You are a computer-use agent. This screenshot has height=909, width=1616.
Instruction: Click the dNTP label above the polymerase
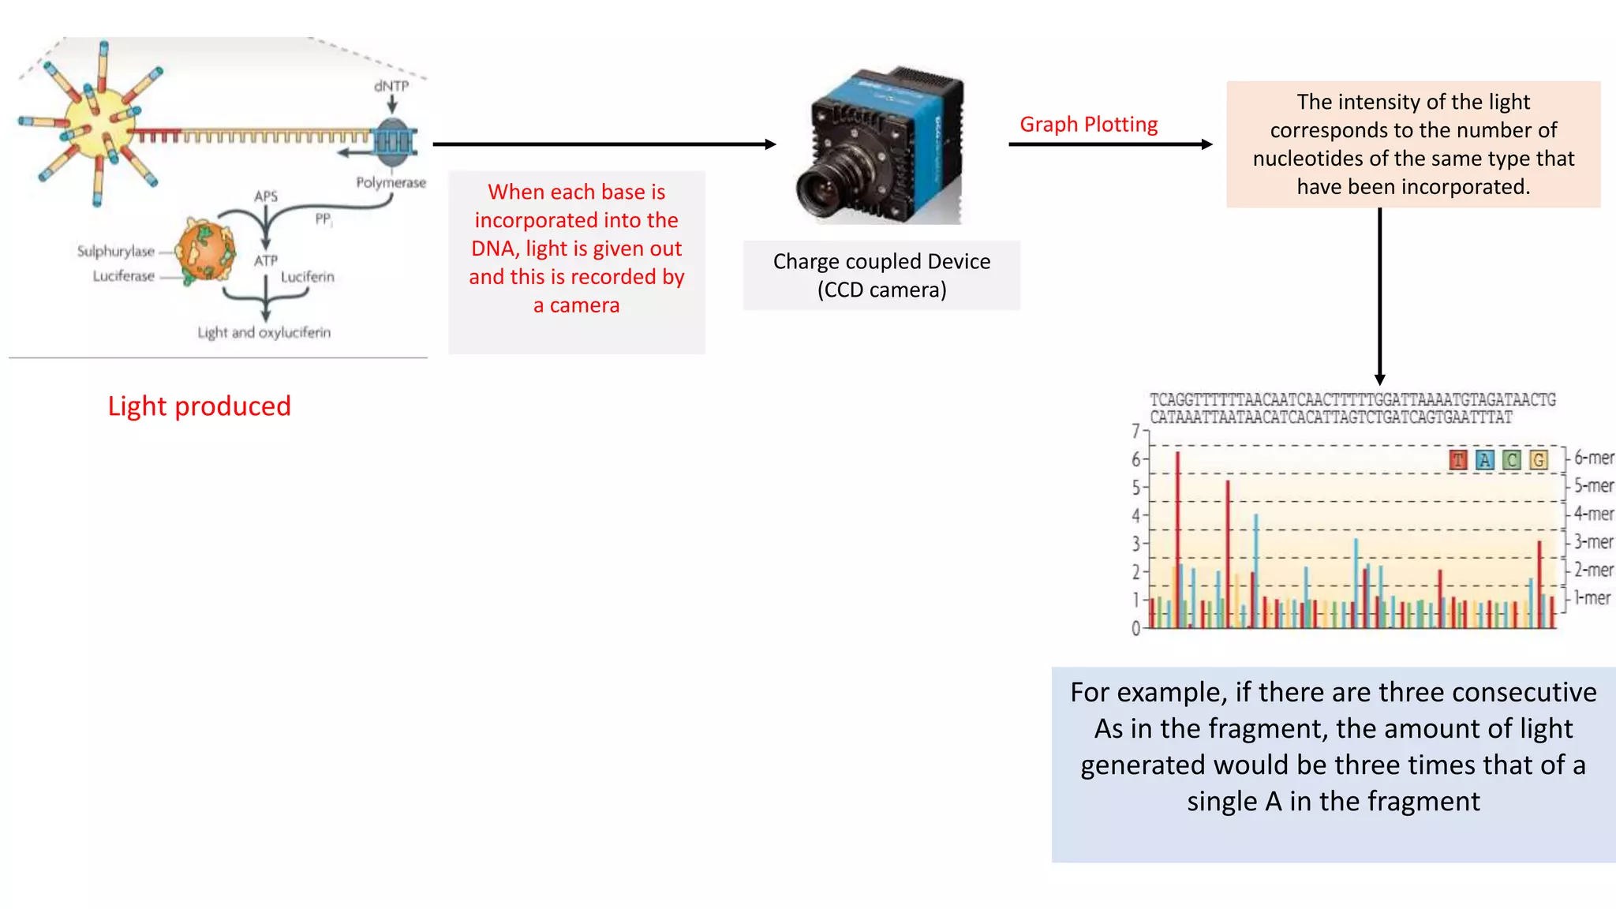click(x=391, y=85)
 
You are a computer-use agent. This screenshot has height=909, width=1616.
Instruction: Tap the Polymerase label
click(x=391, y=182)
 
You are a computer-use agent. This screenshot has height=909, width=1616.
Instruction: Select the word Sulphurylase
click(x=116, y=251)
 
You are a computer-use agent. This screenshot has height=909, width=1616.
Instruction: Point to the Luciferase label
click(x=124, y=275)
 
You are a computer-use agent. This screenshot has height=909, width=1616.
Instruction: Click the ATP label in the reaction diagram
click(x=266, y=260)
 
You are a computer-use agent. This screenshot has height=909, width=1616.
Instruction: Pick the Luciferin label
click(x=308, y=276)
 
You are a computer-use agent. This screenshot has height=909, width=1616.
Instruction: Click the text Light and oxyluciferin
click(x=264, y=332)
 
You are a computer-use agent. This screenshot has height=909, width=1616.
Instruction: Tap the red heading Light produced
click(x=200, y=406)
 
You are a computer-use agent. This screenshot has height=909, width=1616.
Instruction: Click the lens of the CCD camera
click(x=821, y=192)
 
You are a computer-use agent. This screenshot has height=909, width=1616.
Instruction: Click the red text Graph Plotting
click(x=1088, y=125)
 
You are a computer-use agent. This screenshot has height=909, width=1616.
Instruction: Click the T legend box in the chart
click(x=1458, y=459)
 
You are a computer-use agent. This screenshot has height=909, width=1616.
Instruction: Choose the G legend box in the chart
click(x=1538, y=459)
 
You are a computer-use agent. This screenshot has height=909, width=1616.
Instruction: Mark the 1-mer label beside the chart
click(x=1592, y=598)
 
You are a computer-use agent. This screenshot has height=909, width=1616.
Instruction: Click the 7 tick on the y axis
click(x=1135, y=431)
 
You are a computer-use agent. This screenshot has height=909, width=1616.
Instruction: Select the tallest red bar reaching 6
click(x=1177, y=537)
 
